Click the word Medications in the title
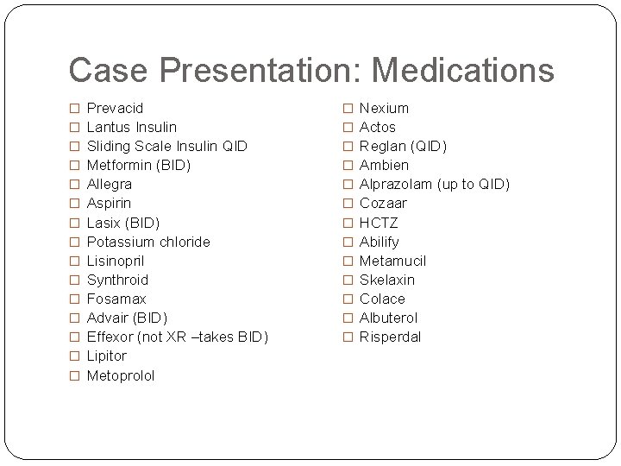[459, 70]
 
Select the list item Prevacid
[116, 108]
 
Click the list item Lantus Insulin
[132, 127]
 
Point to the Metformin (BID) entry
[139, 165]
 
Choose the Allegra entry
[110, 184]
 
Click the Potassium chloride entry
[148, 242]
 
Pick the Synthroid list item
[118, 280]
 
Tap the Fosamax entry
[116, 299]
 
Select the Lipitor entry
[107, 356]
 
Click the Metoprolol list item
[121, 375]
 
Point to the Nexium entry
[384, 108]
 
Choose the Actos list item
[378, 127]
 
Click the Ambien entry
[384, 165]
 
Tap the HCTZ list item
[379, 223]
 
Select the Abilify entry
[379, 242]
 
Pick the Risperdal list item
[390, 337]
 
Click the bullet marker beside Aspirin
[74, 204]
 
